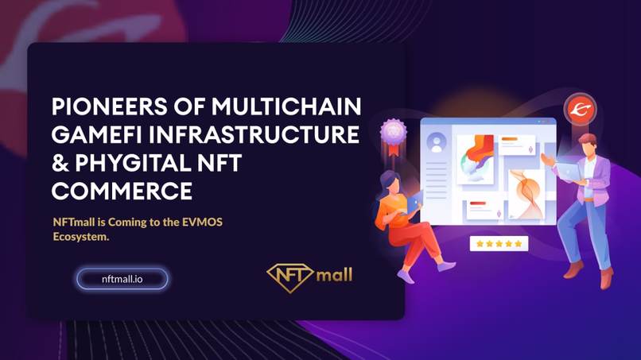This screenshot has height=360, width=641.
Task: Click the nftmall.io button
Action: (122, 279)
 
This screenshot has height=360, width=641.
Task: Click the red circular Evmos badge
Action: (580, 110)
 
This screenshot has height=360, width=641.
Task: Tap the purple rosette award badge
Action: (394, 132)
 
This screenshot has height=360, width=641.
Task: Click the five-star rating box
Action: (499, 244)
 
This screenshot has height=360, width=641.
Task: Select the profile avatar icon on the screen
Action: (436, 143)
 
